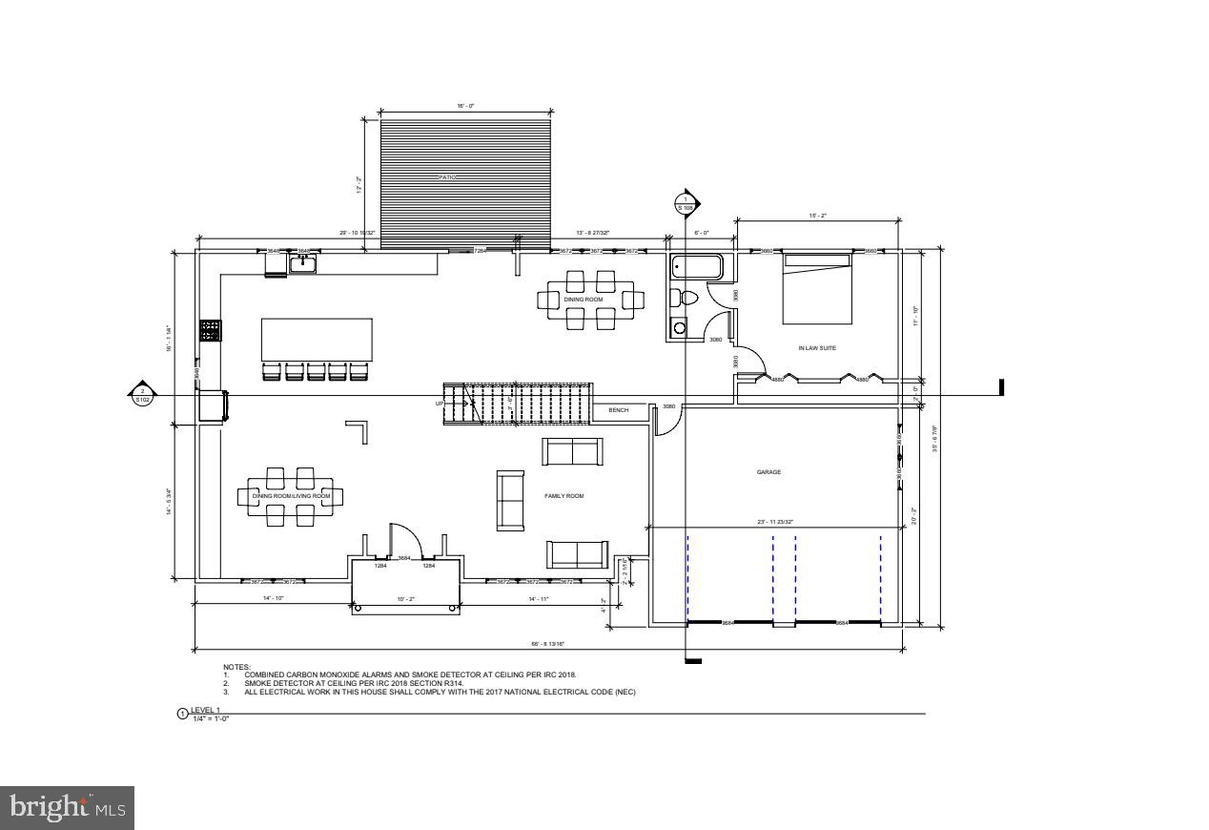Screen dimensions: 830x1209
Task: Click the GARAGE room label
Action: (x=768, y=472)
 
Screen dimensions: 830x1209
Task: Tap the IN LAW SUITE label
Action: (x=817, y=348)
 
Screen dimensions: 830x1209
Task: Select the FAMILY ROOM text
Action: (x=564, y=496)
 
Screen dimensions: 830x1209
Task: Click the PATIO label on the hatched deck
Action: (x=447, y=177)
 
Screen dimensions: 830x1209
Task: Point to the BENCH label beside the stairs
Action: (x=619, y=410)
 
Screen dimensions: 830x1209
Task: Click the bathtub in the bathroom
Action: (x=696, y=267)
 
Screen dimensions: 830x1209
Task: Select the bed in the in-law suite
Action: (x=816, y=288)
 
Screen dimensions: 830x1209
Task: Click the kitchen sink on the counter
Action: (x=303, y=264)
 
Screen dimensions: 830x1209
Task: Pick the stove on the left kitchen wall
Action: (x=210, y=330)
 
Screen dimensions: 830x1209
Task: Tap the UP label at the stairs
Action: (x=439, y=404)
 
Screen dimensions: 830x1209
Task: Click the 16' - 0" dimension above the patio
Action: (x=466, y=107)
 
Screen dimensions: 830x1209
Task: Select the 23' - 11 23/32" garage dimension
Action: (x=774, y=522)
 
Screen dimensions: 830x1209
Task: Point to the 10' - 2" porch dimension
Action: (x=406, y=598)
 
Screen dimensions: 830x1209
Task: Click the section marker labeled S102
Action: (x=142, y=394)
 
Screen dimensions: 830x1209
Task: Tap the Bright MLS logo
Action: (x=68, y=808)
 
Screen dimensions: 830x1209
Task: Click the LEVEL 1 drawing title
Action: (x=205, y=710)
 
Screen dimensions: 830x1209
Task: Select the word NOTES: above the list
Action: (x=236, y=667)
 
